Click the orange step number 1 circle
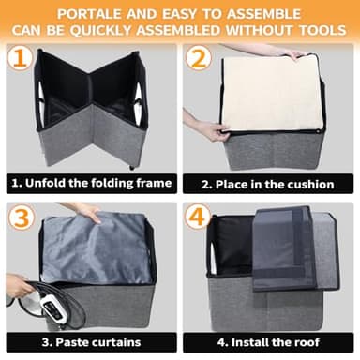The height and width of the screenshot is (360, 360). coord(18,58)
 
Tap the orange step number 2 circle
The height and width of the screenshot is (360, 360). coord(198,58)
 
